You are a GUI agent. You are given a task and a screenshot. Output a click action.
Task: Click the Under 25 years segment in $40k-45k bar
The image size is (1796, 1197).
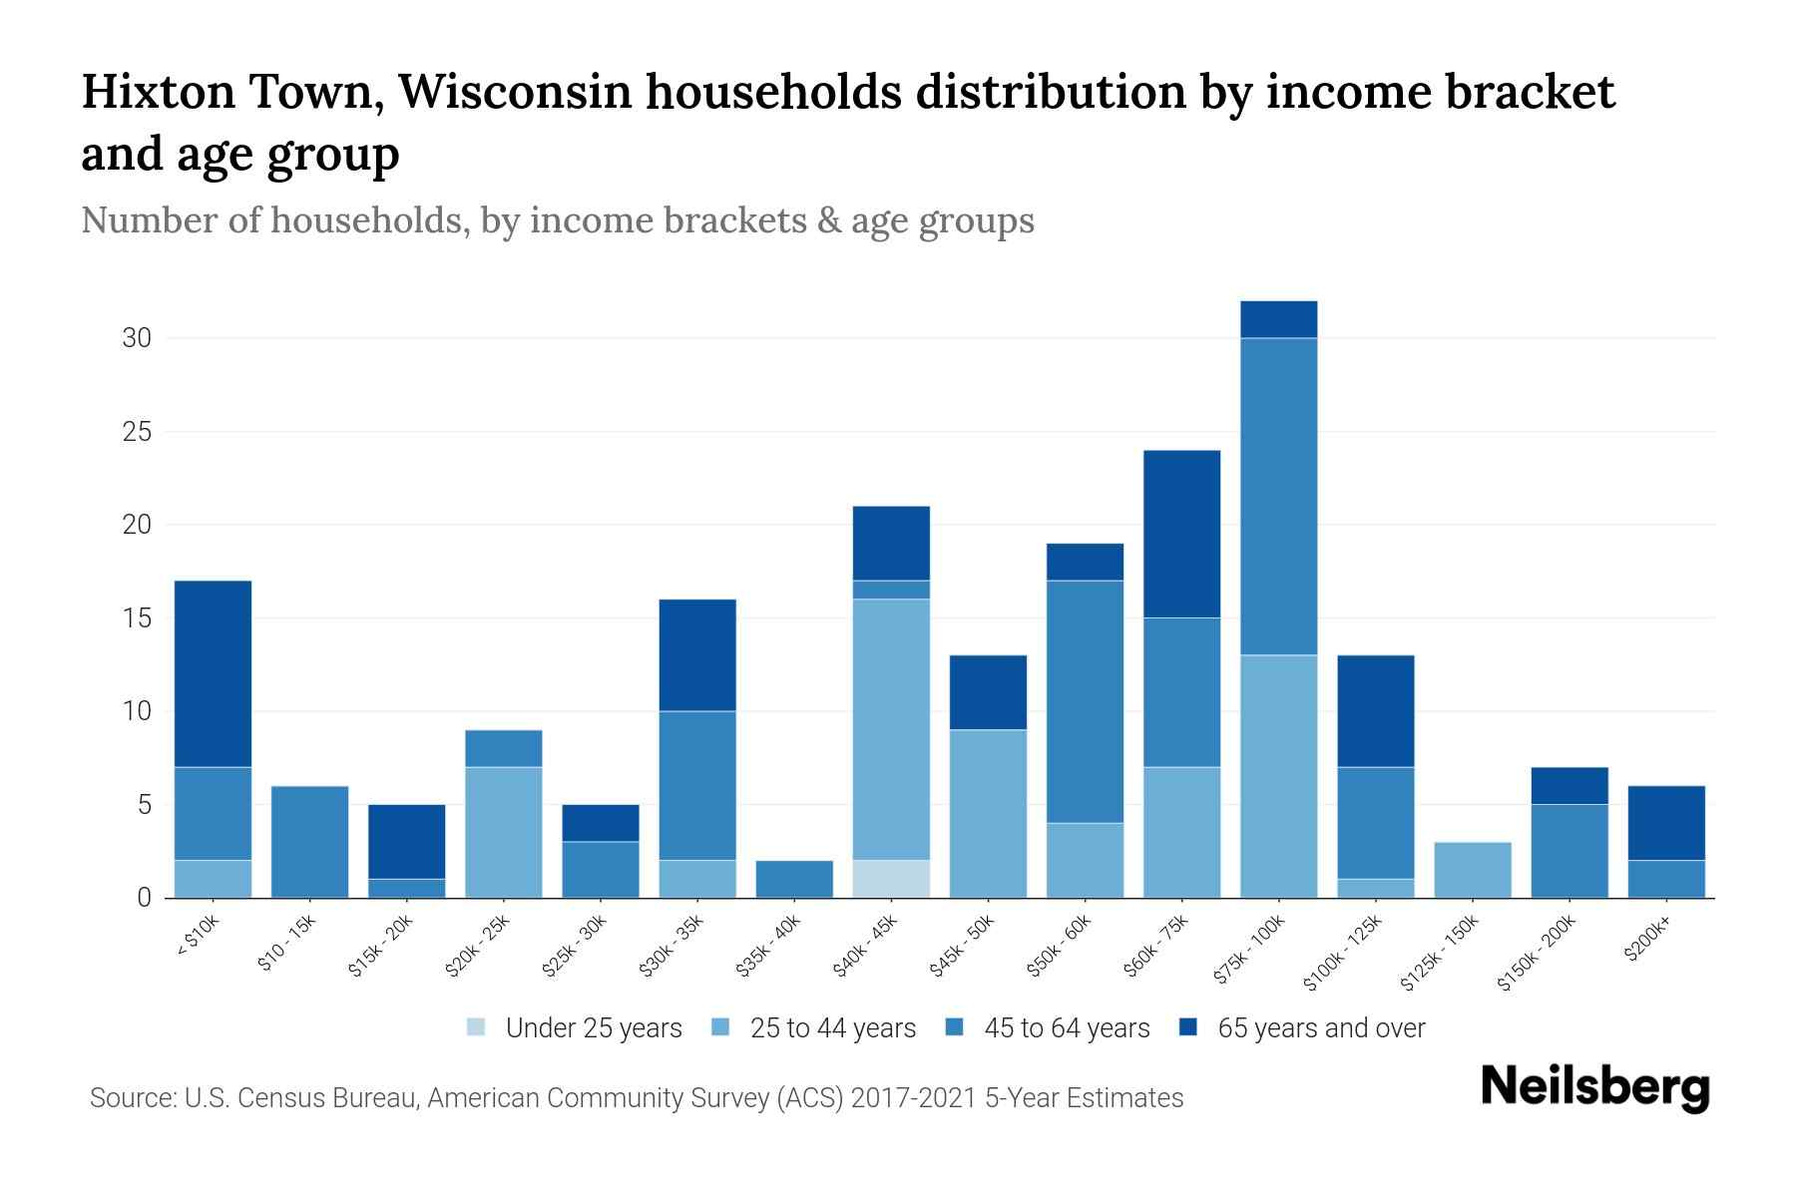[x=891, y=879]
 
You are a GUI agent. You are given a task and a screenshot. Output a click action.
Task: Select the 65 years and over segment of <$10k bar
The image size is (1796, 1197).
[x=213, y=673]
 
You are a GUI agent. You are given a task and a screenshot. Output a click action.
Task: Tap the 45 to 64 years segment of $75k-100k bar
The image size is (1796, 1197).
[x=1278, y=496]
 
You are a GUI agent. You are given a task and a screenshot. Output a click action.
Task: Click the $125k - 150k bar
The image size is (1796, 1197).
[x=1472, y=870]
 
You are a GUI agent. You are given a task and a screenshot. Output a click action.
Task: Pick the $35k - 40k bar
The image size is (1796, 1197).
[x=794, y=879]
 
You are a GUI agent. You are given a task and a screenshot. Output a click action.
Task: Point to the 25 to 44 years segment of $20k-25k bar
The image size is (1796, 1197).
[x=504, y=832]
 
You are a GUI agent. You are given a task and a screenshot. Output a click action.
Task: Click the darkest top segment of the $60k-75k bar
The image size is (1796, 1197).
[x=1181, y=534]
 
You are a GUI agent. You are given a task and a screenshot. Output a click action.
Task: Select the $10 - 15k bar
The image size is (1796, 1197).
[x=309, y=842]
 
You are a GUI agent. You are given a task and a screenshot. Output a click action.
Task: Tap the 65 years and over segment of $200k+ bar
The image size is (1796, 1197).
[x=1665, y=823]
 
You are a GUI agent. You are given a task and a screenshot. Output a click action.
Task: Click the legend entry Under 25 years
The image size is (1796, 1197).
[x=593, y=1028]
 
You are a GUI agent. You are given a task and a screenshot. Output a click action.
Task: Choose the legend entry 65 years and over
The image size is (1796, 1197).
[x=1321, y=1028]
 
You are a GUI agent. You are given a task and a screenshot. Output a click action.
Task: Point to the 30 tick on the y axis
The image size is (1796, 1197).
[x=137, y=338]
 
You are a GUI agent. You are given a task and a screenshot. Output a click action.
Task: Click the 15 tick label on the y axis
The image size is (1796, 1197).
[x=137, y=618]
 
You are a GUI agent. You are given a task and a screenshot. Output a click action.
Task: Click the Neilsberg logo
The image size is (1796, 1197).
[x=1594, y=1087]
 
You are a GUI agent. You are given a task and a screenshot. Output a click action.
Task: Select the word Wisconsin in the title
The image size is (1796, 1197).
[x=515, y=93]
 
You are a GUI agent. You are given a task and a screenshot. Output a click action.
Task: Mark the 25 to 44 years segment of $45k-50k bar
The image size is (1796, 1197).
[x=988, y=813]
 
